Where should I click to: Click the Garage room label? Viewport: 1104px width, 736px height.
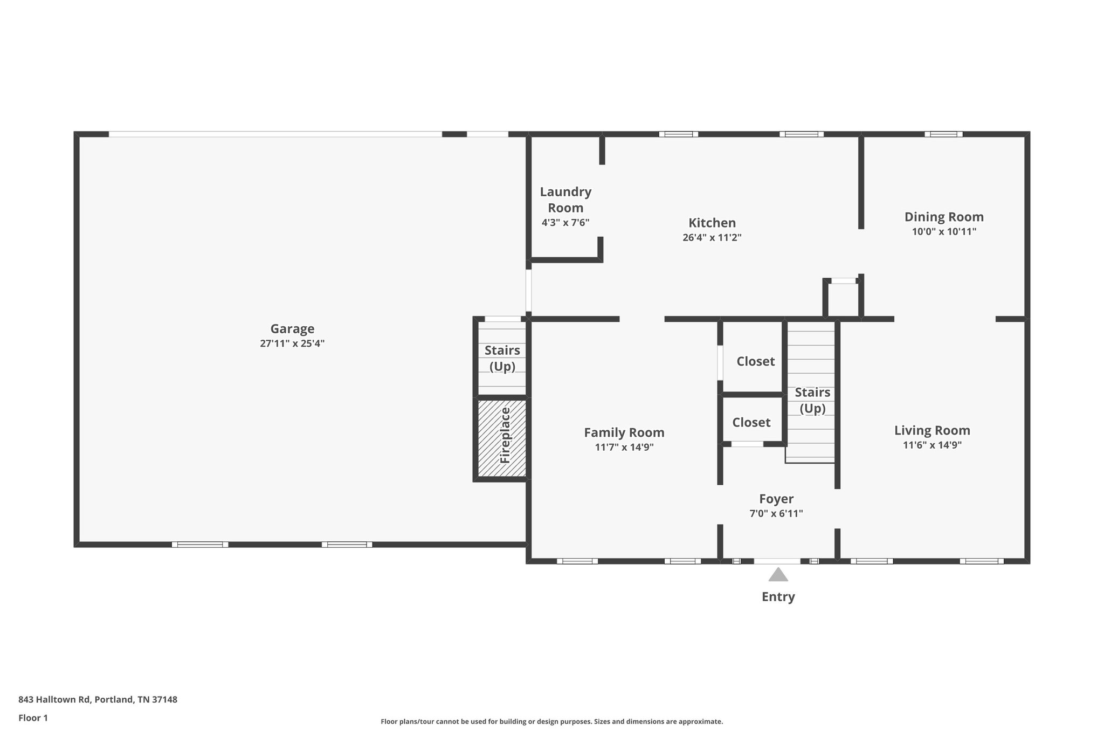coord(292,329)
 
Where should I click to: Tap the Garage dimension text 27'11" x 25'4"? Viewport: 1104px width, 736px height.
coord(292,343)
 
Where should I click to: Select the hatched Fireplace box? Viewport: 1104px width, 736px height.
coord(502,438)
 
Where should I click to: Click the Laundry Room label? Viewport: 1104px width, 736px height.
coord(565,200)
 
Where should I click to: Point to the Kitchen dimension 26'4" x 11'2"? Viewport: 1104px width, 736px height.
coord(712,238)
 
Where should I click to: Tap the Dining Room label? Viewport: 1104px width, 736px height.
coord(944,217)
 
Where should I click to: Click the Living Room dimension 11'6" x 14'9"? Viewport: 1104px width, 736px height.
coord(932,445)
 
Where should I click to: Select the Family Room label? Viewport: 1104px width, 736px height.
coord(624,432)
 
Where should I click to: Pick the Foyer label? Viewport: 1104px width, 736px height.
coord(776,499)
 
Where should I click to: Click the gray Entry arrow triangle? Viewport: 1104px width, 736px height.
coord(778,575)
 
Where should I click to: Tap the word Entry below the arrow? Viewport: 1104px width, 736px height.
coord(778,597)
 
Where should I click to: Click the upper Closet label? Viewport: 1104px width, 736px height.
coord(756,361)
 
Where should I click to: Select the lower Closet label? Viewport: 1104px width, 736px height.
coord(751,422)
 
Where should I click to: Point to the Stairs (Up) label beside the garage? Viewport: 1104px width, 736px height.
coord(502,358)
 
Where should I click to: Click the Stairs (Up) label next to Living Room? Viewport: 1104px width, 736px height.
coord(812,400)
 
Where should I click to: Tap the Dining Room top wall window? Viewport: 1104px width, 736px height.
coord(943,134)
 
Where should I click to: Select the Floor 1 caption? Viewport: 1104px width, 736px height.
coord(33,718)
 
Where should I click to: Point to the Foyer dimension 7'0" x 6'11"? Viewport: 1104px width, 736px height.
coord(776,514)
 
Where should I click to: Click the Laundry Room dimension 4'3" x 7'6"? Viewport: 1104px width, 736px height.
coord(565,223)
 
